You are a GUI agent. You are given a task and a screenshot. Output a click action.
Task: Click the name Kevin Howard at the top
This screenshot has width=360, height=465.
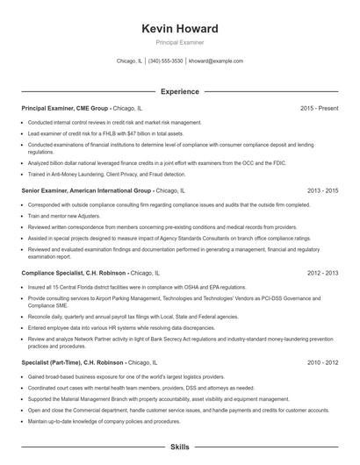pos(179,29)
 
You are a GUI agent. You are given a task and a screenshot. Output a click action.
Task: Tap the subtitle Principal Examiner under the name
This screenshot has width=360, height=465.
pos(179,42)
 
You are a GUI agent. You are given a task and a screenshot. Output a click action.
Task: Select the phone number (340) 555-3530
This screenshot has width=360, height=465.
pos(166,61)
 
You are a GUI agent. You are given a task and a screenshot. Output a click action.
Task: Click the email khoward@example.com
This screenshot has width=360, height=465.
pos(216,61)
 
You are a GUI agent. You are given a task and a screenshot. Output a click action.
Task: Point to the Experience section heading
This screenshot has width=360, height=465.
pos(179,91)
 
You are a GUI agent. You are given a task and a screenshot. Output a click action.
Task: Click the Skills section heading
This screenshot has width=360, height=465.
pos(179,447)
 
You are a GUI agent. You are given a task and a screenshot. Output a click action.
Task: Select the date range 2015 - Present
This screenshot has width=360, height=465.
pos(319,108)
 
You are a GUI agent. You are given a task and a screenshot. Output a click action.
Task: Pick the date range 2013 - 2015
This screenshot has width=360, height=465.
pos(322,190)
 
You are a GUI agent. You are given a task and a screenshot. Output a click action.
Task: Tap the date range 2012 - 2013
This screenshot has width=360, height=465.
pos(322,273)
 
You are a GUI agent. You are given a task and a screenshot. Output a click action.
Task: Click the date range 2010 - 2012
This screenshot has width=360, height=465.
pos(322,362)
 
